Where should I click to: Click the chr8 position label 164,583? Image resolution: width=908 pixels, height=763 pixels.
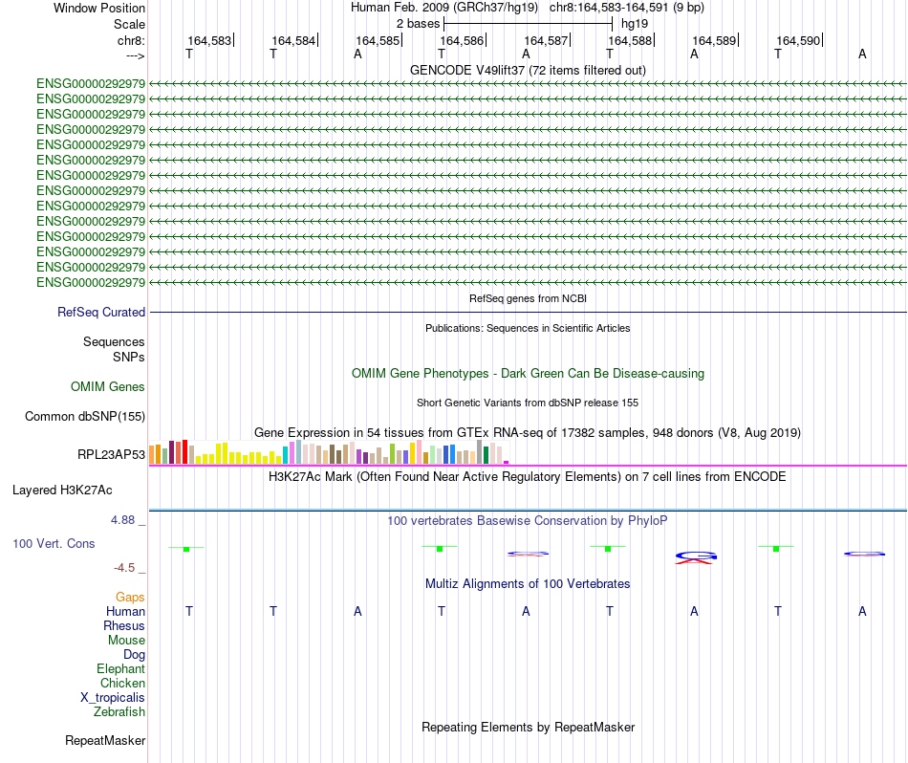[x=209, y=41]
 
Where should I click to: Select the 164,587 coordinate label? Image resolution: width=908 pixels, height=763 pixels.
[x=547, y=41]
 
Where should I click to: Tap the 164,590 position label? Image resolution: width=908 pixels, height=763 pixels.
[x=798, y=41]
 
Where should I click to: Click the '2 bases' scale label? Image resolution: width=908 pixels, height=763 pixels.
[x=418, y=23]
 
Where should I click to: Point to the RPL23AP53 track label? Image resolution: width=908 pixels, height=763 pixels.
[x=111, y=454]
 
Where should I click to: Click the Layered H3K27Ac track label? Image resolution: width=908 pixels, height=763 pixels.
[x=62, y=490]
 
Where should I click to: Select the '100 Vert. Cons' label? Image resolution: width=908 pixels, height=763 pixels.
[x=54, y=543]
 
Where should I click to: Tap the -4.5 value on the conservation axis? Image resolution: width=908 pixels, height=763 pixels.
[x=128, y=568]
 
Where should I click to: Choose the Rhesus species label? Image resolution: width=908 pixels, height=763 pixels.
[x=124, y=626]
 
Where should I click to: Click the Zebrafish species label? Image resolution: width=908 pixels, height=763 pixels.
[x=119, y=712]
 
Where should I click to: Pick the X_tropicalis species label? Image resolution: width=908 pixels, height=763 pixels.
[x=113, y=698]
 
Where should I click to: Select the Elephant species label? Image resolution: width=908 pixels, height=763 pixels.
[x=120, y=669]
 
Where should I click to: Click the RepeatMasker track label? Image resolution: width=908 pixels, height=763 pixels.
[x=105, y=741]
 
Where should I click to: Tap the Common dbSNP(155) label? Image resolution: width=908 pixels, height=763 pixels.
[x=85, y=416]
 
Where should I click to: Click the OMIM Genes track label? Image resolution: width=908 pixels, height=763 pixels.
[x=108, y=387]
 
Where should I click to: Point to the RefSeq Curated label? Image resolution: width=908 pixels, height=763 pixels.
[x=101, y=312]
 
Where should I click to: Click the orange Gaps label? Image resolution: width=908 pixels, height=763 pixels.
[x=130, y=597]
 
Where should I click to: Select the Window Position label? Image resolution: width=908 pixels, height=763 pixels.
[x=99, y=8]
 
